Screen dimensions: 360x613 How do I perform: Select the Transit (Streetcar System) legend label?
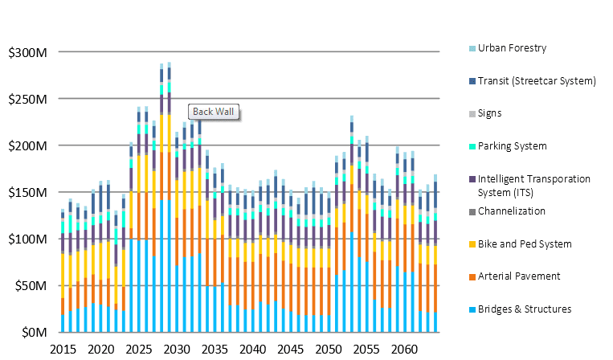coord(536,80)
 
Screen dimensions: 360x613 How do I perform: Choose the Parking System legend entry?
coord(512,146)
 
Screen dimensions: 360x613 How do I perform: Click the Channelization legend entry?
coord(511,211)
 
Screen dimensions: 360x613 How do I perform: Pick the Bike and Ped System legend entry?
coord(525,244)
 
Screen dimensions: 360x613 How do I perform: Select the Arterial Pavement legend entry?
coord(517,276)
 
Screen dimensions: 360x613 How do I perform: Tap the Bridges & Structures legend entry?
coord(525,309)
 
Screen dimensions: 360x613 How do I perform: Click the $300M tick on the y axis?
coord(30,53)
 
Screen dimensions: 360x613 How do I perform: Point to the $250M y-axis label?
coord(30,100)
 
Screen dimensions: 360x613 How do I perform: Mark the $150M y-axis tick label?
coord(30,193)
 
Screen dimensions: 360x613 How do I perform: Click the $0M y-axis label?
coord(35,333)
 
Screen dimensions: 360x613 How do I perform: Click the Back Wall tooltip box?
coord(215,112)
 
